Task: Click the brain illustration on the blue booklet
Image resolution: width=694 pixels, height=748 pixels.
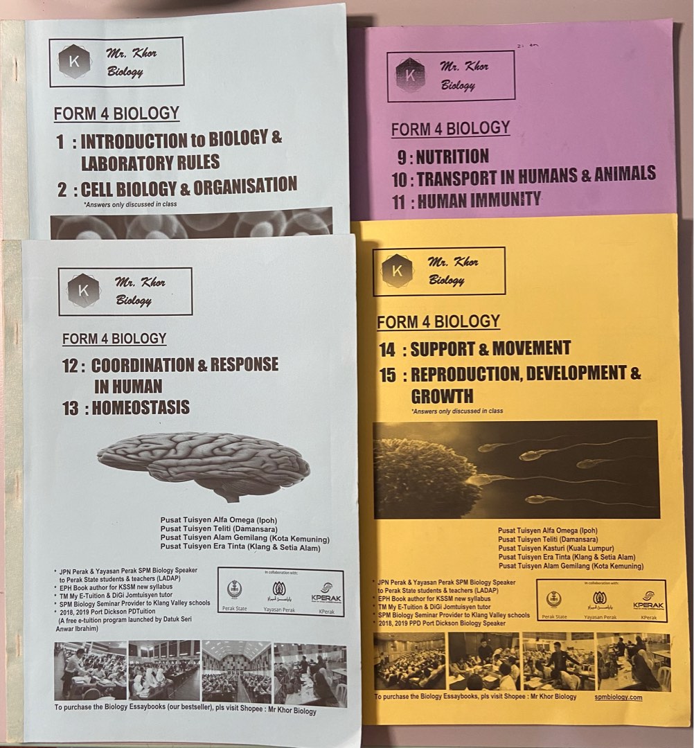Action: [204, 463]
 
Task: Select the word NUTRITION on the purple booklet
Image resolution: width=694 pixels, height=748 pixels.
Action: [452, 157]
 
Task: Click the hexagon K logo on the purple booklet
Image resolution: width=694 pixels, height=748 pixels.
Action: [411, 75]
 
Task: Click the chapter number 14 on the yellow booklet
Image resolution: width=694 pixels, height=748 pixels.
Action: [387, 350]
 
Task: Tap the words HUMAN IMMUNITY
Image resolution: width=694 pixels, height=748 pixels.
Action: [477, 200]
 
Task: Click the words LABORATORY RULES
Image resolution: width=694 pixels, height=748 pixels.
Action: [150, 163]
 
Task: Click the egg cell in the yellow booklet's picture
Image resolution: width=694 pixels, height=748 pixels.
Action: [427, 478]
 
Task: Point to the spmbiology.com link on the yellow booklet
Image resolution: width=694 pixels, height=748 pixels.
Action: [618, 697]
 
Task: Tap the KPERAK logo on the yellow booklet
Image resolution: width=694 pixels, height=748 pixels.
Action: [648, 600]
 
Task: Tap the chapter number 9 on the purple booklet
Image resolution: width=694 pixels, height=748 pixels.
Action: [402, 157]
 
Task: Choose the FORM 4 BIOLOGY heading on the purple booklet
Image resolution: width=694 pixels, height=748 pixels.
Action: [450, 129]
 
